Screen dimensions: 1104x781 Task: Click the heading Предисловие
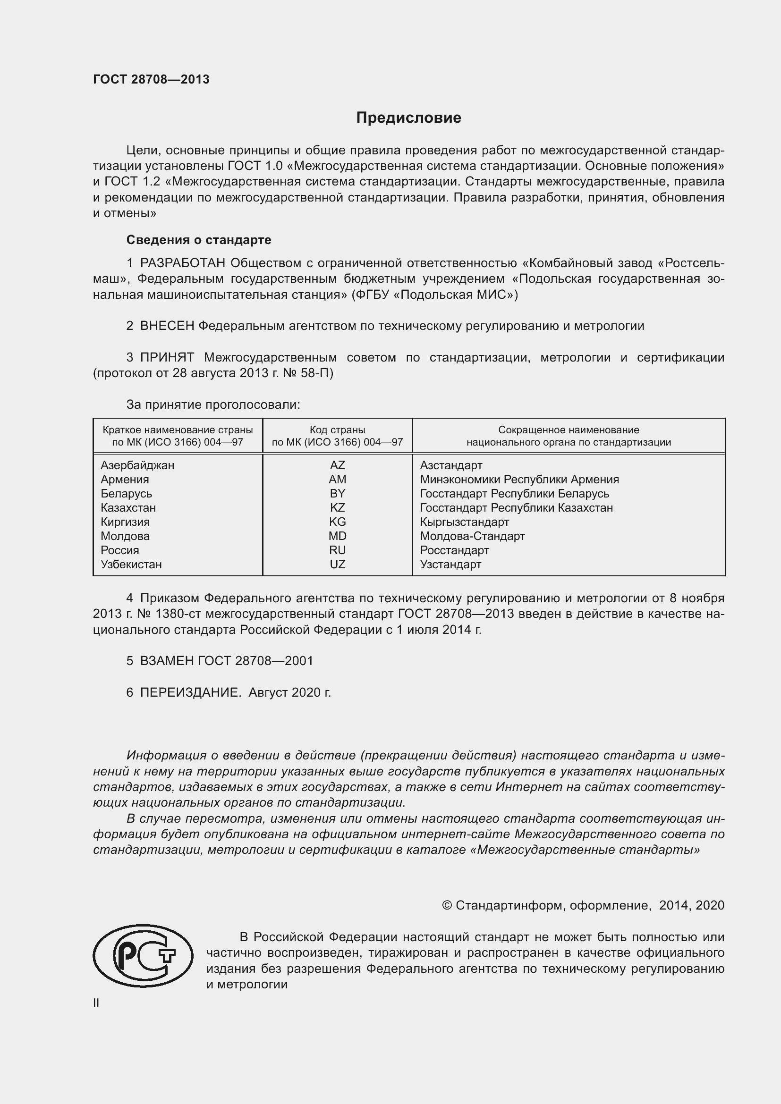[x=408, y=118]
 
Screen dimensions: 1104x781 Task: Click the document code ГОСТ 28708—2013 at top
[x=151, y=80]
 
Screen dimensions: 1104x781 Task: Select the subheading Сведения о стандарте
[x=199, y=240]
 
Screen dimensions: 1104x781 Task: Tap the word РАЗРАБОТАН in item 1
[x=182, y=263]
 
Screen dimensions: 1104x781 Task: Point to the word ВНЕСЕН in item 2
[x=167, y=326]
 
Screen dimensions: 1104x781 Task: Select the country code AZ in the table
[x=337, y=465]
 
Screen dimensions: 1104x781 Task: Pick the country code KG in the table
[x=337, y=522]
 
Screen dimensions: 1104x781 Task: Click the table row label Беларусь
[x=126, y=494]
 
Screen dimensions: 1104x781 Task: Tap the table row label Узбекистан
[x=131, y=565]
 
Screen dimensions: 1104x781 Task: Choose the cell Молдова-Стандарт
[x=472, y=536]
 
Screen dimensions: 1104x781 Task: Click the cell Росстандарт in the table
[x=454, y=550]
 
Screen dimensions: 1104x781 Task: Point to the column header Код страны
[x=337, y=430]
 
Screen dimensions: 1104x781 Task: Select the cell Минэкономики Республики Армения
[x=519, y=480]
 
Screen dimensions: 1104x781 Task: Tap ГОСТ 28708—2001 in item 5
[x=255, y=661]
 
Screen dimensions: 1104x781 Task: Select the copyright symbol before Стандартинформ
[x=446, y=906]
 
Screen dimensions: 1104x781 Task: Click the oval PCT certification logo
[x=143, y=956]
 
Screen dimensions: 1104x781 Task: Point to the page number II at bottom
[x=96, y=1003]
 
